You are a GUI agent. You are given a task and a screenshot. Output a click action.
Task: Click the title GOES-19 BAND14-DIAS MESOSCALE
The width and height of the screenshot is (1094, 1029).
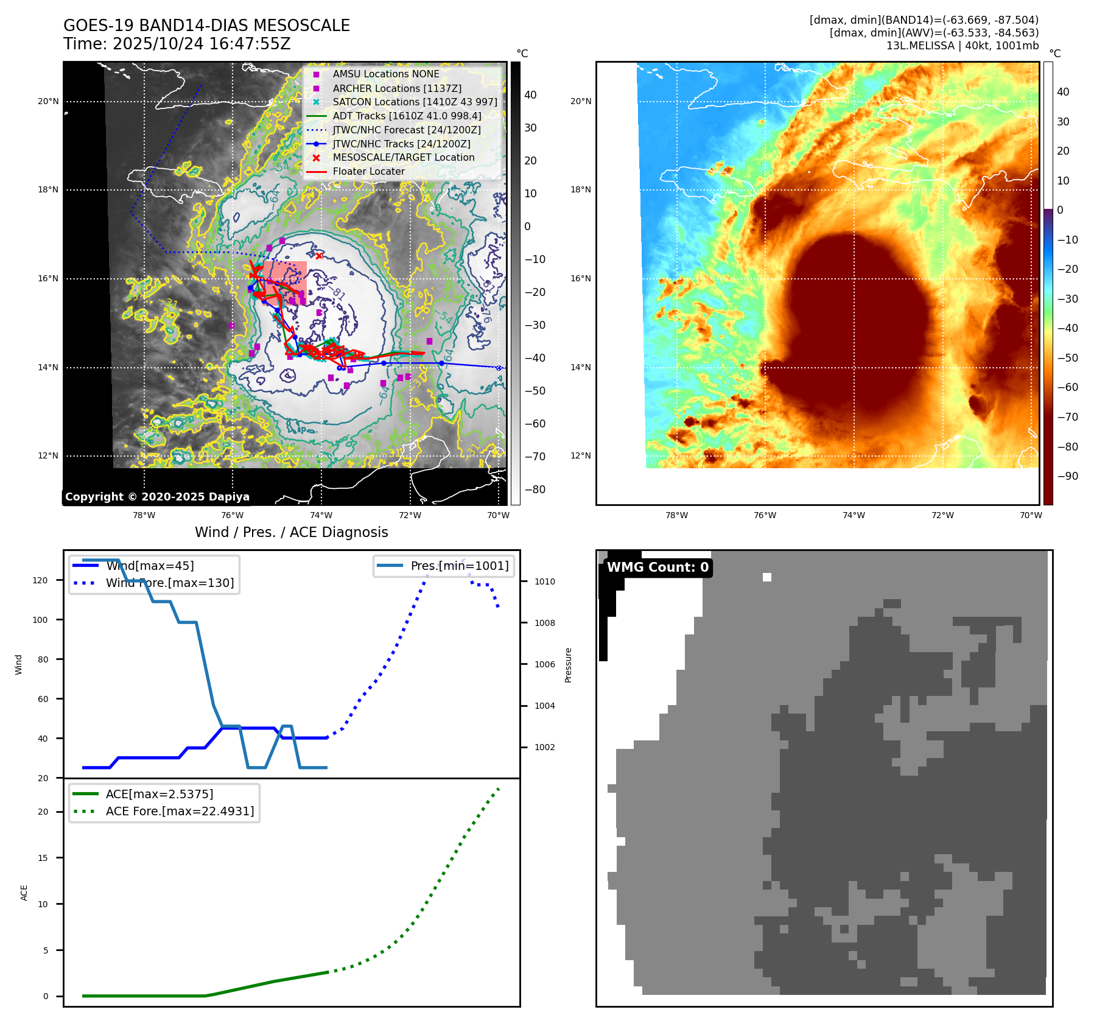(x=206, y=26)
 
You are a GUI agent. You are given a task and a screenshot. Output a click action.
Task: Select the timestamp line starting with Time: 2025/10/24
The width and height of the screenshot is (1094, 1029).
(x=177, y=44)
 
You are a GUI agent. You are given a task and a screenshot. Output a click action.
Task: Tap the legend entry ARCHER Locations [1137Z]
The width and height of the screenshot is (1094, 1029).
(x=396, y=88)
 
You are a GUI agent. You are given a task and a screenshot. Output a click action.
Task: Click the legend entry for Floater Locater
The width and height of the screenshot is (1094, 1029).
(x=368, y=172)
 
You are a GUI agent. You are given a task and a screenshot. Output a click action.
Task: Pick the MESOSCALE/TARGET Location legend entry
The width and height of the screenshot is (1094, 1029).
(x=403, y=158)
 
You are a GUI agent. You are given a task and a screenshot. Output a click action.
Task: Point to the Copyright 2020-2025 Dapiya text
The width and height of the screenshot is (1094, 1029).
(x=157, y=497)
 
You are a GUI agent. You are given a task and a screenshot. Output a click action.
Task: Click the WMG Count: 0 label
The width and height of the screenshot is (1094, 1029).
(x=657, y=567)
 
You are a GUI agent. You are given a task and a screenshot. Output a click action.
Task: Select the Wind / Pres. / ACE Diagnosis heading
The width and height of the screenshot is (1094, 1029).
(x=291, y=532)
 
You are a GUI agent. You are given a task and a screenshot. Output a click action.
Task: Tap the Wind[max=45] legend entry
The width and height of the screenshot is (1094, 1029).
(x=150, y=566)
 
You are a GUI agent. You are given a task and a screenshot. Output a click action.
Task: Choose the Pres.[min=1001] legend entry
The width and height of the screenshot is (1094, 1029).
(x=459, y=566)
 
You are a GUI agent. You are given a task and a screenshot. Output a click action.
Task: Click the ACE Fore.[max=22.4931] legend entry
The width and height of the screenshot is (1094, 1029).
(x=180, y=811)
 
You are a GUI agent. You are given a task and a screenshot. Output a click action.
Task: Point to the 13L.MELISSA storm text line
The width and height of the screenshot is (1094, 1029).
(x=962, y=46)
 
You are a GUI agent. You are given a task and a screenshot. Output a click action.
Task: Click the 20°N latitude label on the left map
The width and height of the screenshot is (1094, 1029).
(x=48, y=102)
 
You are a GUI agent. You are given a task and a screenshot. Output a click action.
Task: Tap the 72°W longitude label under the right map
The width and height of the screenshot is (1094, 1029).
(x=942, y=516)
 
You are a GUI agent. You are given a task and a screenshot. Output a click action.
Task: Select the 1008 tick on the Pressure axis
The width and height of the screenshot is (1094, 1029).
(x=545, y=623)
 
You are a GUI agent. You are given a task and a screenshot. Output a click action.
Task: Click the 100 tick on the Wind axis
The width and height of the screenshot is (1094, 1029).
(x=40, y=620)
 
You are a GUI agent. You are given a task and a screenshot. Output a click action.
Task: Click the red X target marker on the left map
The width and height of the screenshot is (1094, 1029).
(x=318, y=256)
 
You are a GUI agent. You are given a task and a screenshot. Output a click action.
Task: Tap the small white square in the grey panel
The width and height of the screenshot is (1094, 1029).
(x=767, y=577)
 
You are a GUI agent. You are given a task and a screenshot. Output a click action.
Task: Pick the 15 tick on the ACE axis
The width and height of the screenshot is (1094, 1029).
(x=43, y=858)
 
